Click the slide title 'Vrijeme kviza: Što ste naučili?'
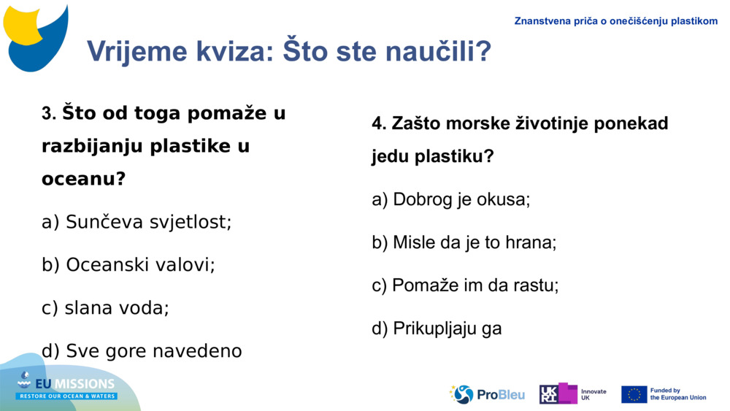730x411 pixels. tap(288, 52)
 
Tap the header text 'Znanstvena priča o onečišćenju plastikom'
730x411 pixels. tap(616, 21)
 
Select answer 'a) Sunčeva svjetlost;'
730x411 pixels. tap(137, 222)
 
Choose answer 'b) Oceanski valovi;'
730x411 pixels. tap(128, 265)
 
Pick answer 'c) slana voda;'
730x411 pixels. tap(105, 308)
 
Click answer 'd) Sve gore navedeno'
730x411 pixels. tap(142, 351)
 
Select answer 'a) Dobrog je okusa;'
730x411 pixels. tap(450, 199)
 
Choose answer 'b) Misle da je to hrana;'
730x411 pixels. tap(464, 242)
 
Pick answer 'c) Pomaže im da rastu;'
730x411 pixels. tap(465, 285)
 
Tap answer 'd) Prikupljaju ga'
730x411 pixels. tap(437, 329)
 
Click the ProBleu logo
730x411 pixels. tap(487, 395)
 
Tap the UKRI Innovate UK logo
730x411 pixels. tap(572, 394)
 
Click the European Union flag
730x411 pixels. tap(634, 394)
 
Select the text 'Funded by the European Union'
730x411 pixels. tap(677, 394)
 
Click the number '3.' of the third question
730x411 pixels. tap(49, 115)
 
